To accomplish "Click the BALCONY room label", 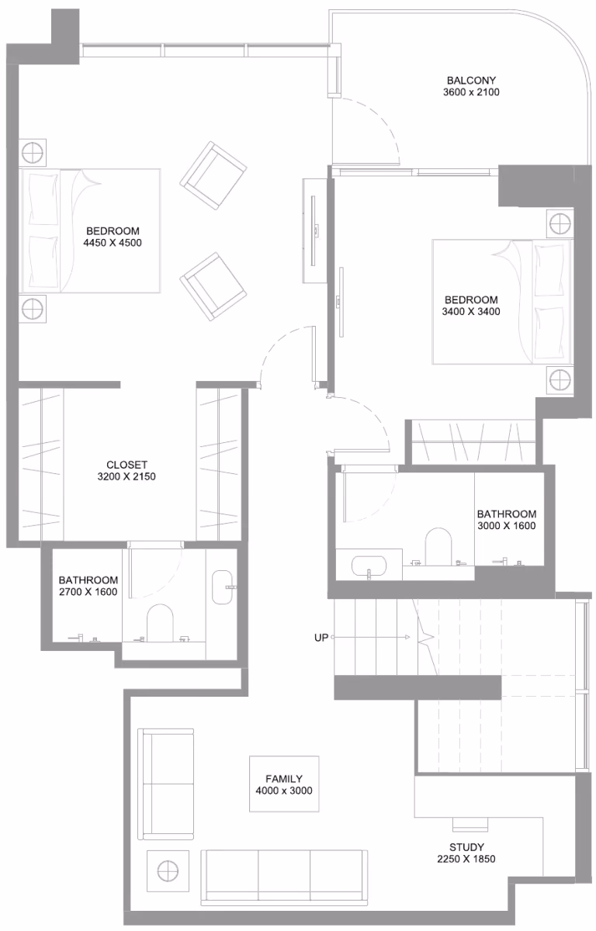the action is point(471,80).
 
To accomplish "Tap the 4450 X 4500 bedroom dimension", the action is point(113,243).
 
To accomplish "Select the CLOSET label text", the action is point(126,465).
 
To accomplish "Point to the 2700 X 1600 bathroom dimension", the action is point(88,592).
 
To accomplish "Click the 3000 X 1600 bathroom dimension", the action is point(507,526).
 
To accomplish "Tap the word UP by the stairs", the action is point(321,638).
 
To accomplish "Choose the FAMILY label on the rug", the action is point(284,779).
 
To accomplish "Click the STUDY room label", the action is point(466,847).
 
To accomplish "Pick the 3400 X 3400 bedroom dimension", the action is point(471,312).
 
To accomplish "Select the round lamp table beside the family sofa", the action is point(168,870).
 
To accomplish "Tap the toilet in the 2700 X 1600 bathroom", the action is point(160,623).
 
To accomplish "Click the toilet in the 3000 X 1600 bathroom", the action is point(438,546).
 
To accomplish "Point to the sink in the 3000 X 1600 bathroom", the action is point(369,566).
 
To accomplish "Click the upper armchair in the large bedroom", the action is point(213,175).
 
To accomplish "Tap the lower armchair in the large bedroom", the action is point(213,287).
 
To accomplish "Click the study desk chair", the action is point(470,824).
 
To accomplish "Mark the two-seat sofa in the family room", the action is point(166,784).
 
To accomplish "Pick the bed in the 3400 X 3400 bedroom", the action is point(503,302).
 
